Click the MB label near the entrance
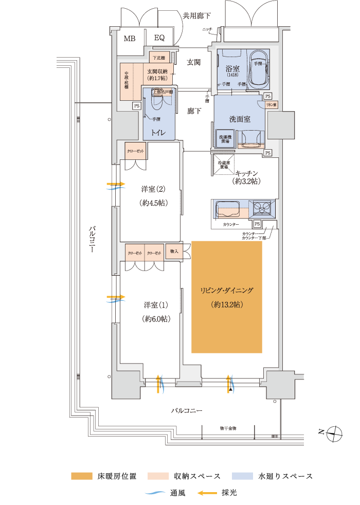click(129, 38)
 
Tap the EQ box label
click(159, 38)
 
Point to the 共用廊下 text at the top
click(197, 15)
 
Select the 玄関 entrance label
click(193, 62)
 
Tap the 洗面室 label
click(240, 119)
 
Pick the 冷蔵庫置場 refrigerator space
click(223, 165)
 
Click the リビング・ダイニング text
click(227, 291)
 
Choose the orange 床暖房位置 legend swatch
click(81, 476)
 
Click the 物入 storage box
click(174, 251)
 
